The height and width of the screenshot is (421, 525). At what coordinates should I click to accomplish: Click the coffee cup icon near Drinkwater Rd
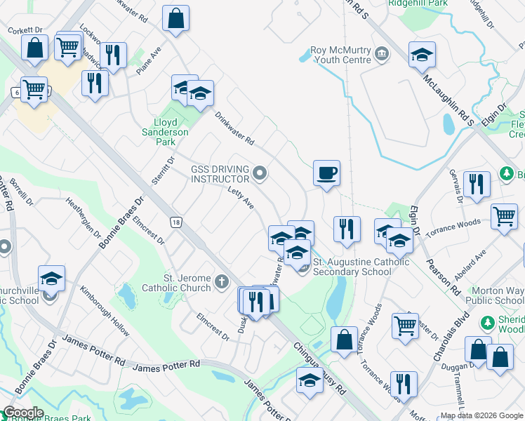[x=326, y=173]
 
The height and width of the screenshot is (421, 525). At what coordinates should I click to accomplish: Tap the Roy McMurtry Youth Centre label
[x=340, y=55]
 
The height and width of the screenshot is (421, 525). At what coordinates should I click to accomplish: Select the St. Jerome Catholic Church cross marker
[x=222, y=282]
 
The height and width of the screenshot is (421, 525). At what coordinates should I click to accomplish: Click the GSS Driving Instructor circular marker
[x=260, y=173]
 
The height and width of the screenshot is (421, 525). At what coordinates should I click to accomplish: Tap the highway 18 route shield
[x=175, y=222]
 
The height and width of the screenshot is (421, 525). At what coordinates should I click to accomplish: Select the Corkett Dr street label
[x=25, y=31]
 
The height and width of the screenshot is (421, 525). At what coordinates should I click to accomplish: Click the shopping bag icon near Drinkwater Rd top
[x=175, y=19]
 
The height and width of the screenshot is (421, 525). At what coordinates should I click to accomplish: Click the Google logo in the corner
[x=22, y=413]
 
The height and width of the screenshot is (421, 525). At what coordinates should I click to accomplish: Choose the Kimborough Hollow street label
[x=104, y=309]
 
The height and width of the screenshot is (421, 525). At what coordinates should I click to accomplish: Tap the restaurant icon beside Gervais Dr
[x=477, y=185]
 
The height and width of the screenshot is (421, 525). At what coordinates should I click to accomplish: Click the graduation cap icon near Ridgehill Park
[x=422, y=55]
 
